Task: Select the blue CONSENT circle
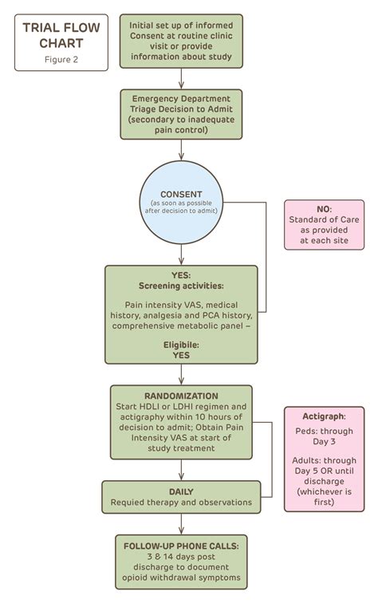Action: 182,203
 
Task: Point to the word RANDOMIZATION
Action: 181,396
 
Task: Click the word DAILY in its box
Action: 182,491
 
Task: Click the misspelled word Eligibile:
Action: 181,345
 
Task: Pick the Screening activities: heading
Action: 181,286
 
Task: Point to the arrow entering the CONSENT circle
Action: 182,152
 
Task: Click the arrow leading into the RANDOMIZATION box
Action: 182,374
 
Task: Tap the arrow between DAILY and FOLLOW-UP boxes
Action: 182,523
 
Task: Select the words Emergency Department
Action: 181,98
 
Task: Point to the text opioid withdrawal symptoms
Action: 181,577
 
